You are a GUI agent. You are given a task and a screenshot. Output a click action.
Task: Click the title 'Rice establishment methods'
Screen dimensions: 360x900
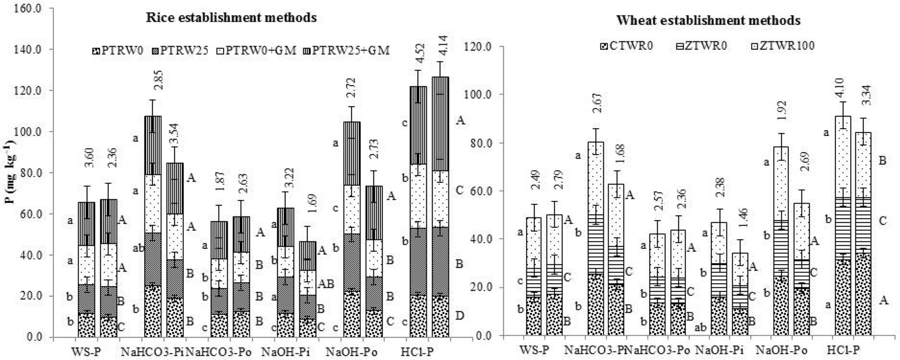[x=231, y=18]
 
